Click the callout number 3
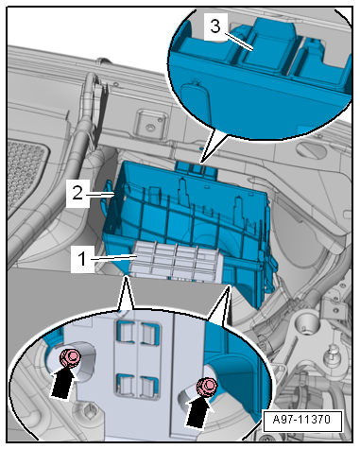click(x=215, y=26)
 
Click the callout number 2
click(x=77, y=193)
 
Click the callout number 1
click(x=81, y=259)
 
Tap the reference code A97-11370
click(x=301, y=420)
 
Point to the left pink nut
click(x=70, y=357)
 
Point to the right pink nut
click(x=206, y=387)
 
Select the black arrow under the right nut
click(x=198, y=412)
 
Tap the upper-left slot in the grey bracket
click(x=126, y=333)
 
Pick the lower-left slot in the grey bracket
click(x=126, y=384)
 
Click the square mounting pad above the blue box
click(x=150, y=124)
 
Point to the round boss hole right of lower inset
click(x=304, y=329)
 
